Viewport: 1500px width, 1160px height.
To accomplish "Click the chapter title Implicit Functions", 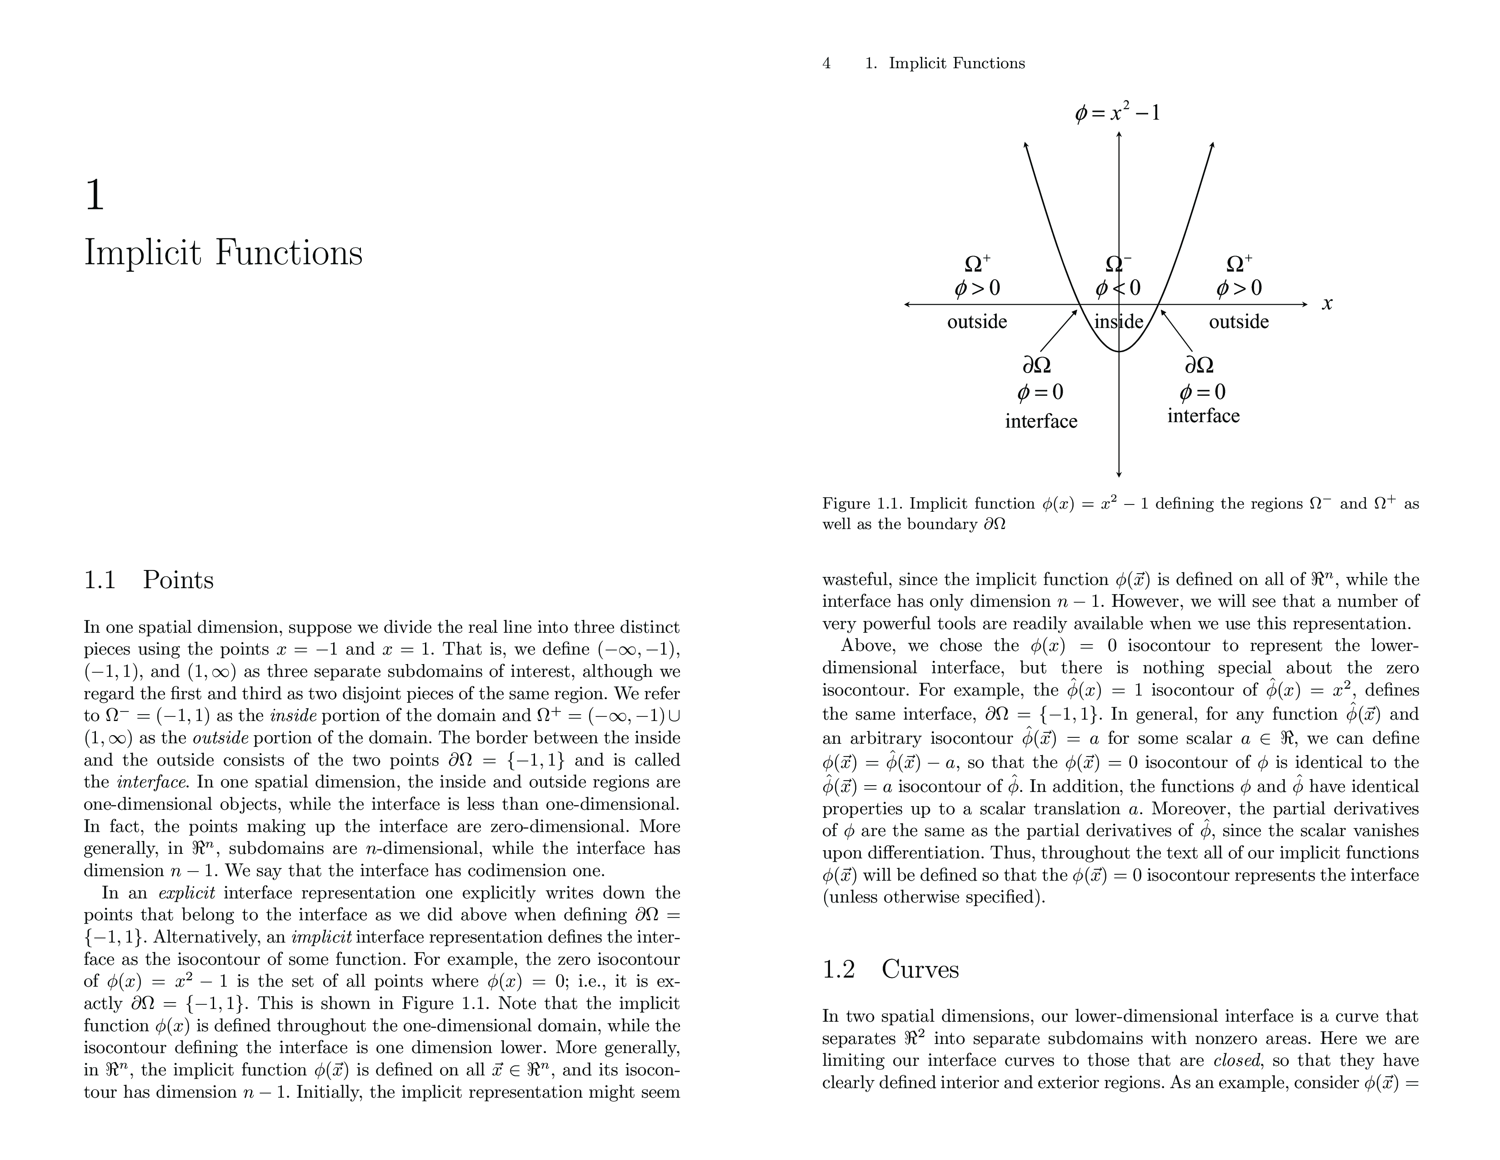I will [x=223, y=253].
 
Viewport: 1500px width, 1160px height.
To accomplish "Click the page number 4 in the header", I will [x=826, y=64].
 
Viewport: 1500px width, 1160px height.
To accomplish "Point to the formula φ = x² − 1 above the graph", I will [x=1117, y=112].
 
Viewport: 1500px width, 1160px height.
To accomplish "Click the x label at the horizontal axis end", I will [x=1327, y=304].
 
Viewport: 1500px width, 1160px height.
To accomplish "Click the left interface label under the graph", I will [x=1041, y=421].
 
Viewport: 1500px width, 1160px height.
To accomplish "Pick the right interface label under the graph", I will [x=1203, y=416].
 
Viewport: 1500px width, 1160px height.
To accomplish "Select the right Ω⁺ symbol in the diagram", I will [x=1239, y=263].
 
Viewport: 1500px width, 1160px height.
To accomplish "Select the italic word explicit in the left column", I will [x=187, y=893].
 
